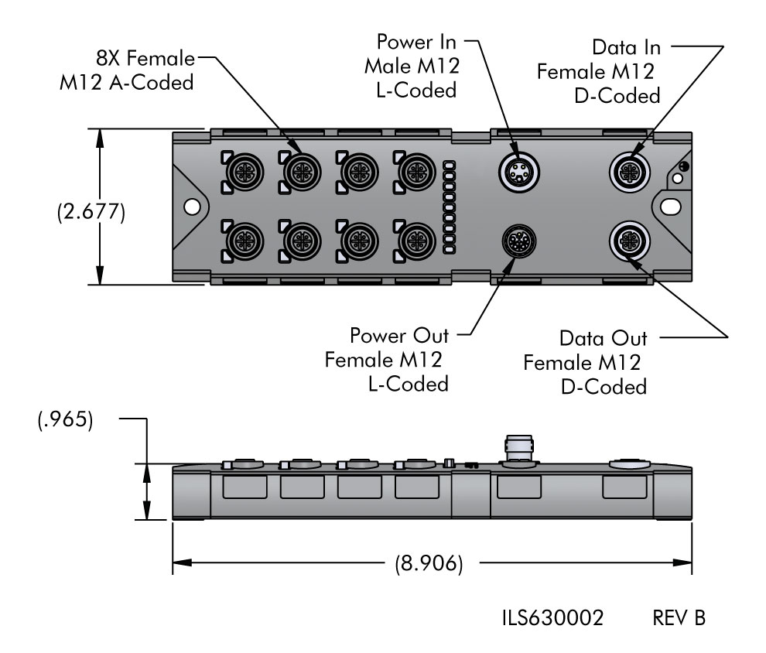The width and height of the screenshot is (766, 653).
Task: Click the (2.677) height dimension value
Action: [x=91, y=213]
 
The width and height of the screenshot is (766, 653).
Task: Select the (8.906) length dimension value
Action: [x=430, y=563]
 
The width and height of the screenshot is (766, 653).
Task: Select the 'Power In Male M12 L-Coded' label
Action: [x=412, y=65]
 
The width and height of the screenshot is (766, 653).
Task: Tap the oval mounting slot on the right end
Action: [x=670, y=206]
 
